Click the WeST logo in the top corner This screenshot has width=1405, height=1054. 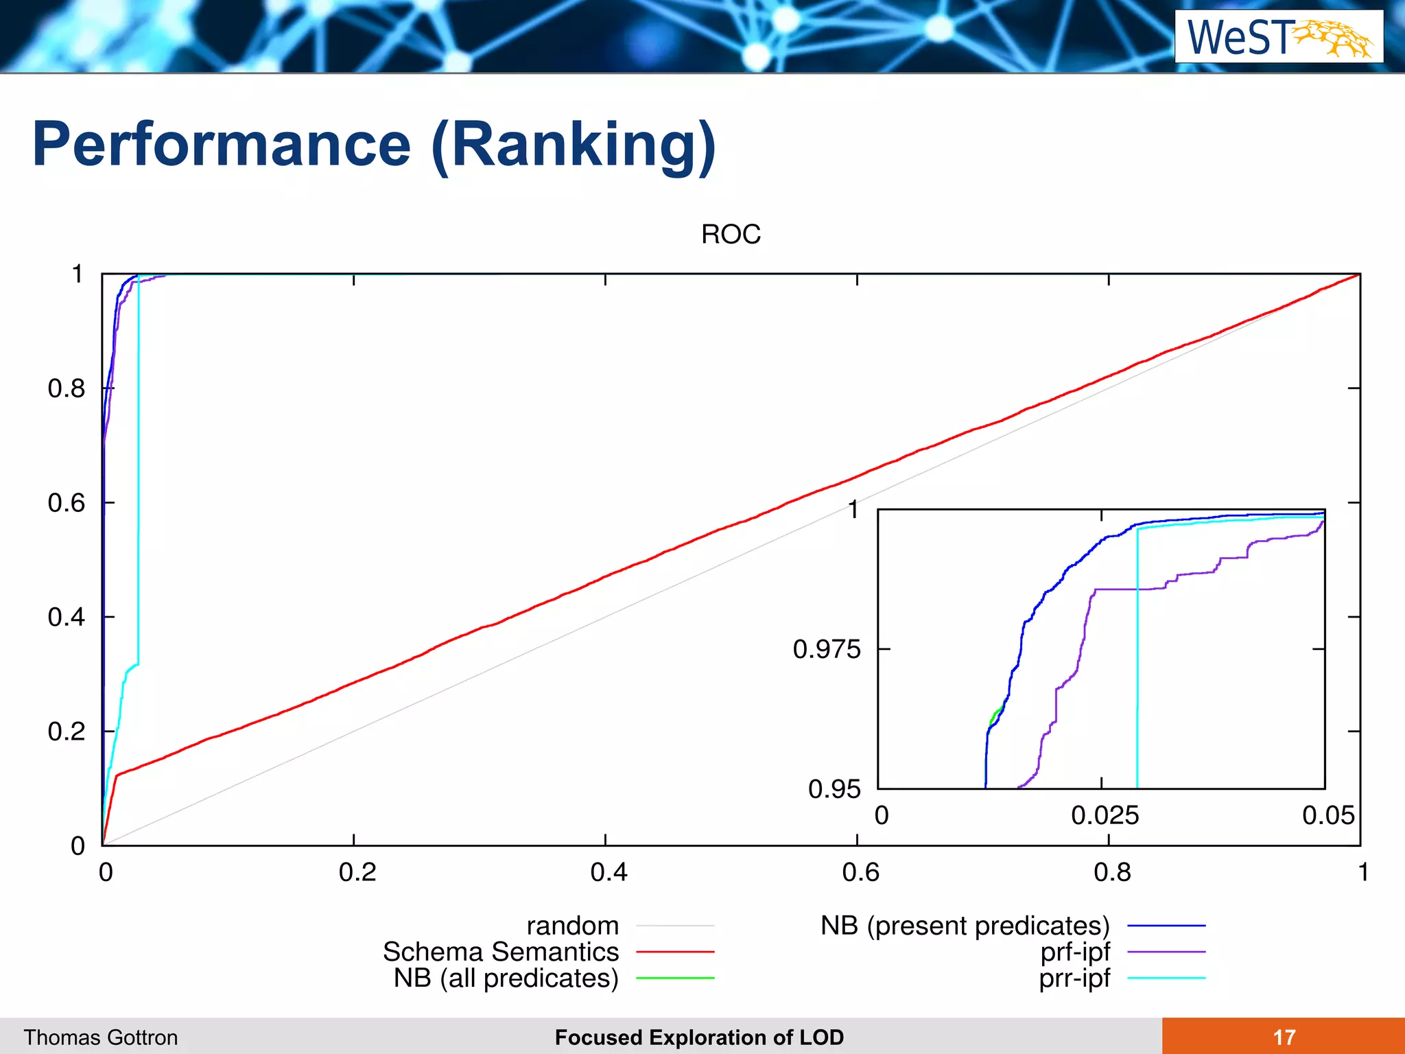tap(1278, 37)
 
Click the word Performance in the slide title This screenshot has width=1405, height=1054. tap(221, 145)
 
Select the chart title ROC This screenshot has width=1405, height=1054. tap(731, 235)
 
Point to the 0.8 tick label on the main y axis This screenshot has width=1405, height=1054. tap(66, 388)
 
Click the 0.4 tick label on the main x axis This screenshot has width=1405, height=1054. tap(609, 872)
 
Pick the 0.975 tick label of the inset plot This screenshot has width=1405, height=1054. tap(826, 649)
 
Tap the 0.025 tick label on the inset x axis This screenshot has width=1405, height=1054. tap(1105, 816)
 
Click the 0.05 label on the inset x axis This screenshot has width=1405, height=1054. tap(1328, 816)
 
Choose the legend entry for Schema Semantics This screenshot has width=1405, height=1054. tap(501, 952)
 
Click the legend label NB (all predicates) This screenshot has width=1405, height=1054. tap(506, 978)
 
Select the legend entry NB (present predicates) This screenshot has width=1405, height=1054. tap(965, 926)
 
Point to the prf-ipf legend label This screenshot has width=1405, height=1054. tap(1074, 952)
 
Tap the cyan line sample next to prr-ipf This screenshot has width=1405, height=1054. tap(1166, 978)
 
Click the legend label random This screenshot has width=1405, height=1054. tap(572, 926)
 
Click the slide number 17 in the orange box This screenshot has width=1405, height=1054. tap(1284, 1037)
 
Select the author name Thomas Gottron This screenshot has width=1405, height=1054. tap(101, 1038)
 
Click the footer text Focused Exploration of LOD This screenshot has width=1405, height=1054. tap(699, 1038)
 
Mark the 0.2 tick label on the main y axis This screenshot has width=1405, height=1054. tap(66, 731)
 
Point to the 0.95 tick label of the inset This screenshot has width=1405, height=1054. tap(834, 789)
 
